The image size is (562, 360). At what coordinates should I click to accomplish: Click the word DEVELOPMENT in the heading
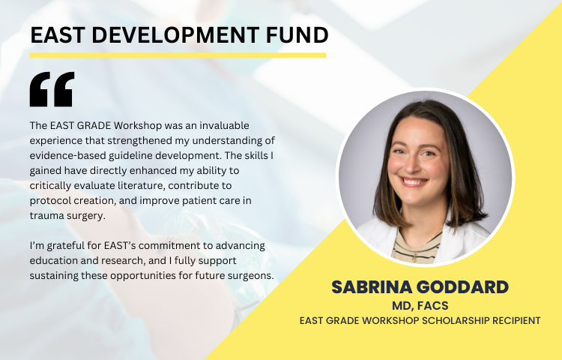coord(176,35)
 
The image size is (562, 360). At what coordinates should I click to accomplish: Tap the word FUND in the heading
coord(297,35)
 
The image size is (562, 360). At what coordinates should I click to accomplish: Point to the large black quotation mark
coord(52,89)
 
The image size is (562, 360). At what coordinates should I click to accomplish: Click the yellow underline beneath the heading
coord(178,55)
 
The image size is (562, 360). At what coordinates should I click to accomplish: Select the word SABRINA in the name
coord(372,287)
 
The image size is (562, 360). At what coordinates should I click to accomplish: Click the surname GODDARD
coord(463,287)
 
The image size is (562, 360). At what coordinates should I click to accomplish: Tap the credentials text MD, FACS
coord(420,305)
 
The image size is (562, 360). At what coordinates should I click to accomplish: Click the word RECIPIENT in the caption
coord(516,320)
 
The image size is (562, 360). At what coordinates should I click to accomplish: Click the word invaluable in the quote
coord(224,125)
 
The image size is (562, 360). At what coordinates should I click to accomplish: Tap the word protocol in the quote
coord(50,201)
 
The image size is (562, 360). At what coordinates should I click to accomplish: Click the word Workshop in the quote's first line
coord(138,125)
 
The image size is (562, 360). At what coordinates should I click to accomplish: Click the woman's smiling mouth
coord(414,181)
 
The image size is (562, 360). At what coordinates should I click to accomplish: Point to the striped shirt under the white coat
coord(417,248)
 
